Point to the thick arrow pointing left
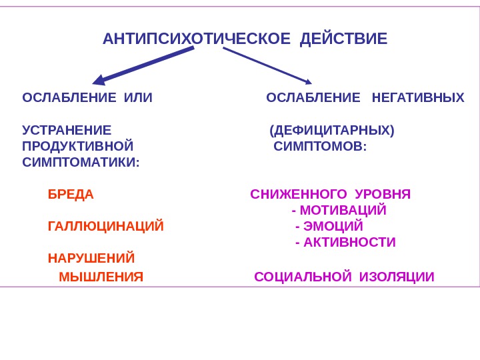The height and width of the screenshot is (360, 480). pos(143,66)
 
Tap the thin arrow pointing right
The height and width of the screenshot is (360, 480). pos(267,66)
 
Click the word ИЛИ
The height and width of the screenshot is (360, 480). pos(138,99)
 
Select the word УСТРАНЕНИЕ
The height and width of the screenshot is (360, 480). pos(67,129)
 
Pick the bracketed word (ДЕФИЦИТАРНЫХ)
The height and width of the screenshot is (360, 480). pos(332,129)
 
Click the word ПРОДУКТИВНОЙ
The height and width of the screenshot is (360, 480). pos(77,146)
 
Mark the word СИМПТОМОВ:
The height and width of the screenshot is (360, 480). pos(320,146)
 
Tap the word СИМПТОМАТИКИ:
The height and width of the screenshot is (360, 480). pos(81,162)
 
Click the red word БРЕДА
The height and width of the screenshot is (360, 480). pos(71,195)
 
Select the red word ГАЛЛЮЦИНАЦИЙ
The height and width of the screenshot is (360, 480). pos(105,227)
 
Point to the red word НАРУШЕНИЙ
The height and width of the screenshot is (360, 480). pos(91,258)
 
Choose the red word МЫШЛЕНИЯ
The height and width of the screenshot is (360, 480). pos(101,277)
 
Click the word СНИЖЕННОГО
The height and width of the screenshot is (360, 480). pos(299,195)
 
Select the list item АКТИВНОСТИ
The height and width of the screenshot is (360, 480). pos(349,242)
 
